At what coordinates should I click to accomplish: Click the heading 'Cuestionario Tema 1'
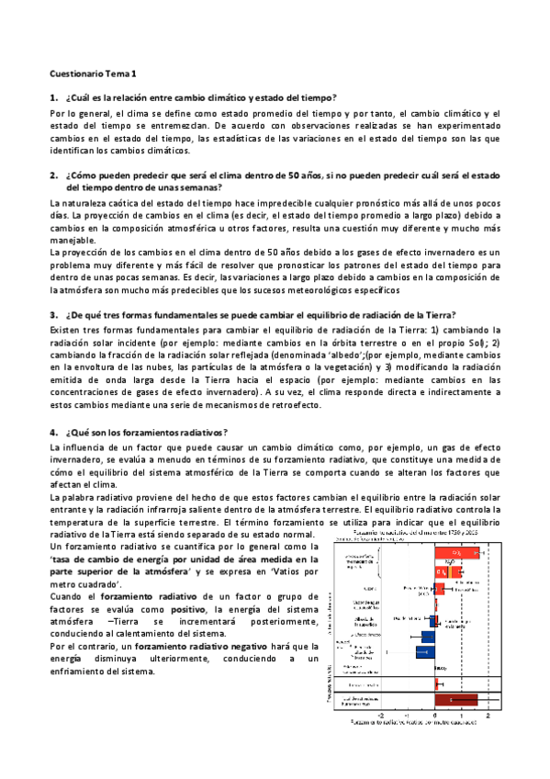[92, 72]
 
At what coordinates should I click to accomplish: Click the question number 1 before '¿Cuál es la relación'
[54, 96]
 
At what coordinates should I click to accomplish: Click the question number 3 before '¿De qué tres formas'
[54, 314]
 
